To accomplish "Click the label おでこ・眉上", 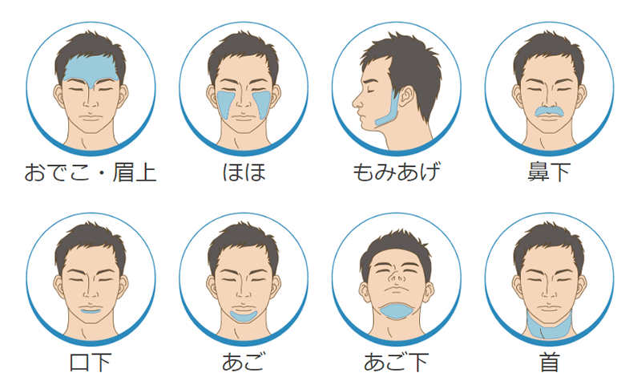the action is coord(91,172).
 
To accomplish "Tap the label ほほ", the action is coord(244,172).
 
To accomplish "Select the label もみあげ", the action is coord(397,172).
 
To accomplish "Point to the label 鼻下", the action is coord(549,172).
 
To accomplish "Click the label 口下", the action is coord(91,362).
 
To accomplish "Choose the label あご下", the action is coord(396,362).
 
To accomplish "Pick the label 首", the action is coord(549,362).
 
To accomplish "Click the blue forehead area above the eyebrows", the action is coord(91,68).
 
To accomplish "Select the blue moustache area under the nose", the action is coord(549,111).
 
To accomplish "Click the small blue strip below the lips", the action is coord(91,311).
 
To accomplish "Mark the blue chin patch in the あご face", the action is coord(244,316).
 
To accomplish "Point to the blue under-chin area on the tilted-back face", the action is coord(396,310).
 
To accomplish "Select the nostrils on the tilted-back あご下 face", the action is coord(395,279).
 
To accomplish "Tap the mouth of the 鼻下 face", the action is coord(549,118).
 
